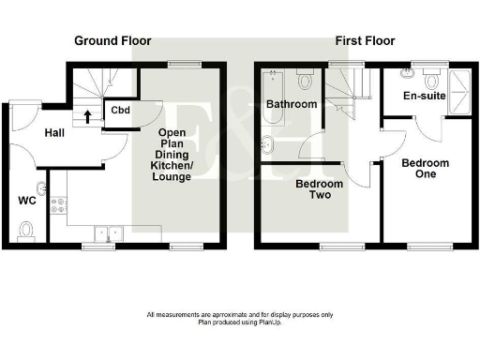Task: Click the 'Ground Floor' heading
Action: [112, 41]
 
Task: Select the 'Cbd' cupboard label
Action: [119, 111]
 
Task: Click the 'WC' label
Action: [27, 200]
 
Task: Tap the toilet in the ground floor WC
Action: [27, 227]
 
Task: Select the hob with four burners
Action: [58, 202]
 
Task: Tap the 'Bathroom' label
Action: [292, 103]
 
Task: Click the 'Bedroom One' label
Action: [425, 170]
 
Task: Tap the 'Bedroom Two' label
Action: [319, 190]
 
